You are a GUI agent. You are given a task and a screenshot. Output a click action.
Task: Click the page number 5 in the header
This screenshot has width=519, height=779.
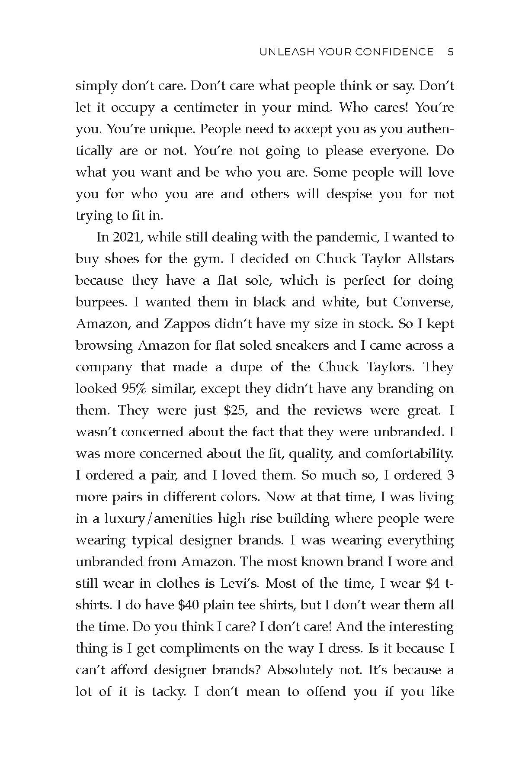coord(450,52)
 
